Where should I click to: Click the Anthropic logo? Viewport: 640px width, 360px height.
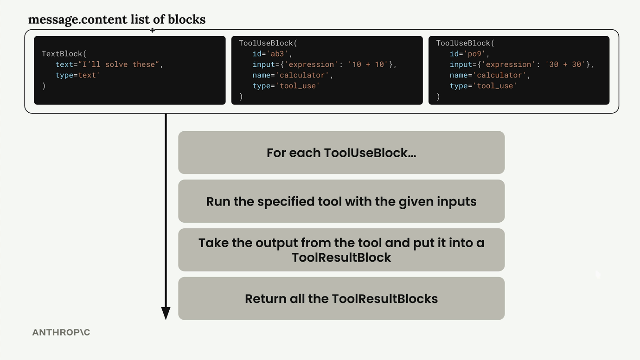pos(61,332)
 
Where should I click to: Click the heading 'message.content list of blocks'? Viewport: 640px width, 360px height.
pos(117,19)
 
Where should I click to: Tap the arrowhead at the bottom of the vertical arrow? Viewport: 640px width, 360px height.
pos(166,313)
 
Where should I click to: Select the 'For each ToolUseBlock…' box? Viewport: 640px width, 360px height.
pos(341,153)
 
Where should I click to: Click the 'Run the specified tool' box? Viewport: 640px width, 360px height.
pos(341,201)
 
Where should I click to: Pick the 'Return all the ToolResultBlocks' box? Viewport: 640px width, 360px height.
pos(341,298)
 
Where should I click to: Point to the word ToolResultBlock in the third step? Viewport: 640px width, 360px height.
pos(341,257)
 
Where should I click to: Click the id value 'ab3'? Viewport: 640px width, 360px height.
pos(277,54)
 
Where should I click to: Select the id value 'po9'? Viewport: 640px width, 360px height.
pos(474,54)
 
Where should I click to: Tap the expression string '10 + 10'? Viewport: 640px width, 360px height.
pos(368,64)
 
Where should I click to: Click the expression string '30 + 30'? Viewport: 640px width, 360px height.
pos(565,64)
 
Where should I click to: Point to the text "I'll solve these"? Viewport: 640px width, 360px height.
pos(119,64)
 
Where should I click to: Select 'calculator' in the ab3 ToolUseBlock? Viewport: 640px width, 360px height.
pos(302,75)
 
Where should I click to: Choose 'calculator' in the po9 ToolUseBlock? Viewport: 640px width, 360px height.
pos(499,75)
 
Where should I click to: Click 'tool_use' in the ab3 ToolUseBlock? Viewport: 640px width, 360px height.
pos(298,86)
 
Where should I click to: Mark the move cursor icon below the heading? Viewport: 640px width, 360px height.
pos(152,30)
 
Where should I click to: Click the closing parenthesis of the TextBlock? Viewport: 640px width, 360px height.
pos(44,86)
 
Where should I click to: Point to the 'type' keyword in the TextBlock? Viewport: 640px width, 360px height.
pos(64,75)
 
